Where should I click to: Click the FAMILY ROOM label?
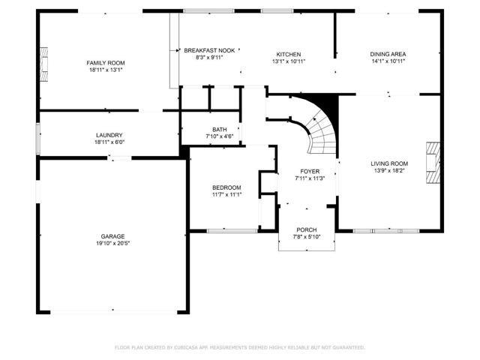(105, 63)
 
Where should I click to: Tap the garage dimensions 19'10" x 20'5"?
(112, 243)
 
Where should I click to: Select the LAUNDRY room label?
(109, 134)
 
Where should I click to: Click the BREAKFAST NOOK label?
(210, 50)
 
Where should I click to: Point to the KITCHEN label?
(289, 55)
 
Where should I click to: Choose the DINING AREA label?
(388, 55)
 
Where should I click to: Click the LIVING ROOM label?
(389, 163)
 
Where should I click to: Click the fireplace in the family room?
(44, 69)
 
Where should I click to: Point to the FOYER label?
(310, 171)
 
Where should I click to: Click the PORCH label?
(306, 229)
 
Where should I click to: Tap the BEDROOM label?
(226, 187)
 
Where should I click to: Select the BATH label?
(219, 129)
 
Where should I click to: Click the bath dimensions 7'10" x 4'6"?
(219, 136)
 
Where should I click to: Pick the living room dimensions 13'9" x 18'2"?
(389, 171)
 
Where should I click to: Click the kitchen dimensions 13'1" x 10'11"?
(289, 62)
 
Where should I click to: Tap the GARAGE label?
(112, 235)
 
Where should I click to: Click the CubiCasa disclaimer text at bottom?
(239, 347)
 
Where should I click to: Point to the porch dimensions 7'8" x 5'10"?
(306, 237)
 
